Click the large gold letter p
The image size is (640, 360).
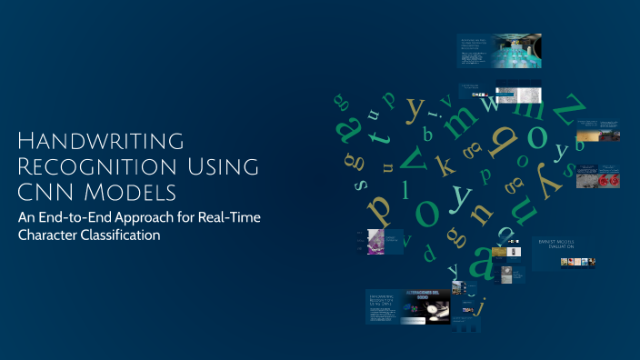coord(380,207)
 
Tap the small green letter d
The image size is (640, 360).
coord(406,241)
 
